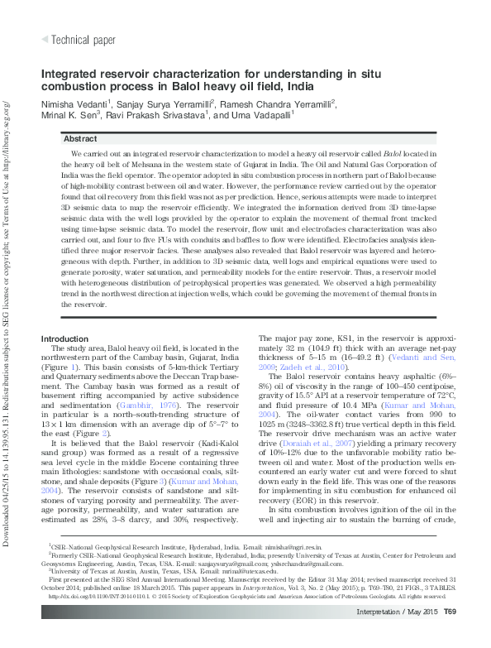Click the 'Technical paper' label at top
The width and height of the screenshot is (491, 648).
coord(83,40)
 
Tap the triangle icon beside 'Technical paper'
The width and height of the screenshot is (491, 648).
coord(45,40)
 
